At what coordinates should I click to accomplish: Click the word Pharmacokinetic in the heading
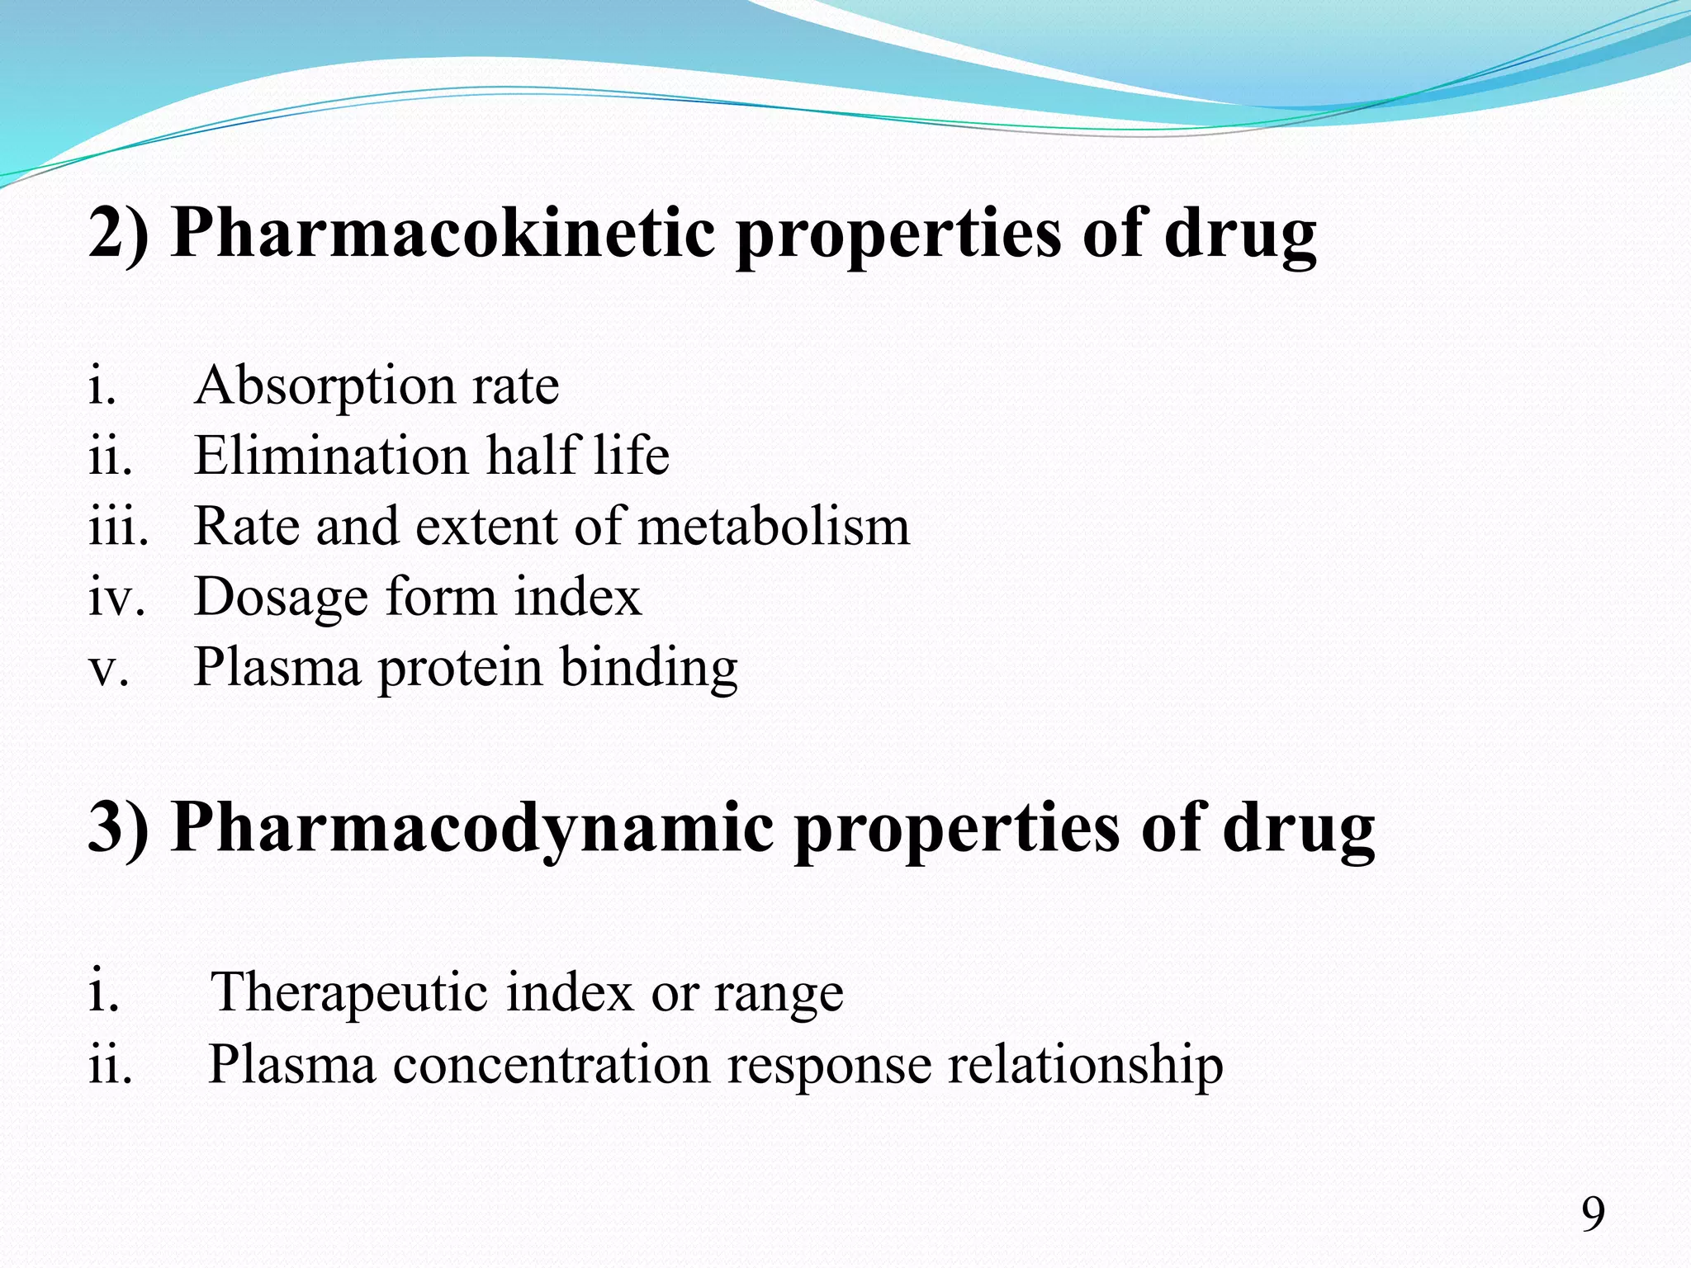[443, 234]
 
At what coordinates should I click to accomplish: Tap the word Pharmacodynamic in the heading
[472, 828]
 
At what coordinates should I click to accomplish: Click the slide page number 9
[1593, 1214]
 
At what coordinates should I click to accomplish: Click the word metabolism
[774, 526]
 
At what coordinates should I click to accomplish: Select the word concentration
[551, 1064]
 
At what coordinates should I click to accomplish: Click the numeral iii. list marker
[118, 526]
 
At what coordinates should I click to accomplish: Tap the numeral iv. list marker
[116, 597]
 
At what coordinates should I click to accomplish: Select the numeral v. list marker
[108, 668]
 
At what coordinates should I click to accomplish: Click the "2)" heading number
[119, 234]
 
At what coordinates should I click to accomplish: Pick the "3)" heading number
[119, 828]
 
